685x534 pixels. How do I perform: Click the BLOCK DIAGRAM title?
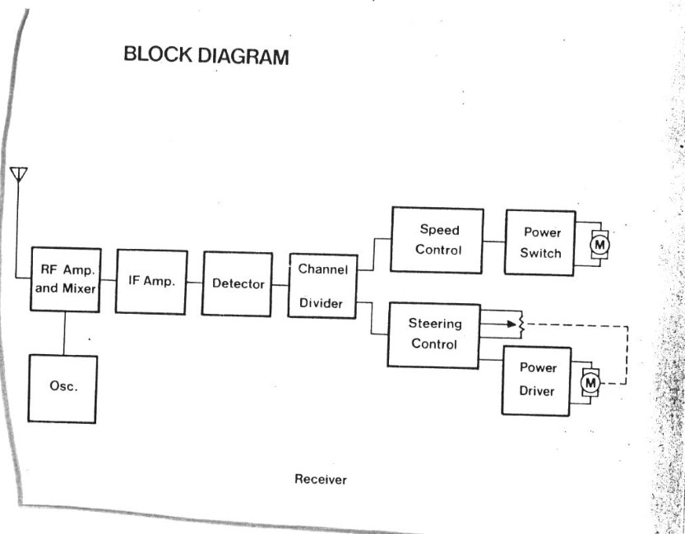[206, 56]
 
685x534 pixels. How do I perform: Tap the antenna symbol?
[19, 175]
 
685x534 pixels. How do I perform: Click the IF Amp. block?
[151, 281]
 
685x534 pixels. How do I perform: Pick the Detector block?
[238, 284]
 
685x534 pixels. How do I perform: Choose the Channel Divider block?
[322, 286]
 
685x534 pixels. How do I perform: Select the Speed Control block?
[437, 239]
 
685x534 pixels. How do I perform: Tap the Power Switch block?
[539, 242]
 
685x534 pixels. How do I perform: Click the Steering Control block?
[434, 334]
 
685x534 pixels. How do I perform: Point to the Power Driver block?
[536, 380]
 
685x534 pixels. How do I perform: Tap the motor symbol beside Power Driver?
[590, 381]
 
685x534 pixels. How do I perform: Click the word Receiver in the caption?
[321, 480]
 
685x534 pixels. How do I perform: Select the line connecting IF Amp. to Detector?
[194, 282]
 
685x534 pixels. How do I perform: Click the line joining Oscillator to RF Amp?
[63, 334]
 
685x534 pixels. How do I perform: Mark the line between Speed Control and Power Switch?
[493, 242]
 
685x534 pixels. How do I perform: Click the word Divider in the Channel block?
[321, 303]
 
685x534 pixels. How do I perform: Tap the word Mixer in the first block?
[81, 288]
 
